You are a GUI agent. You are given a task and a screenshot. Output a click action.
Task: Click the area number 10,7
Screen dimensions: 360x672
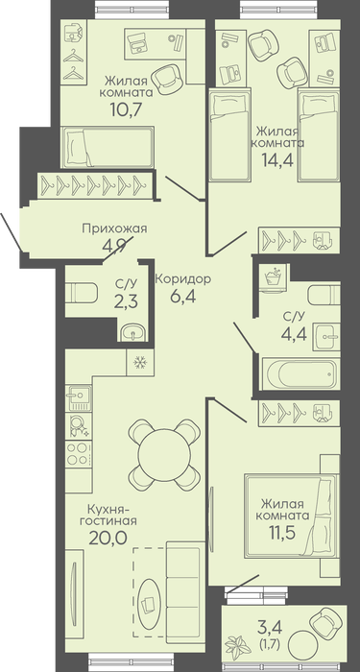[127, 110]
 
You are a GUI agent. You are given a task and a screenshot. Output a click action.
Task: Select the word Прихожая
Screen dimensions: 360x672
[114, 228]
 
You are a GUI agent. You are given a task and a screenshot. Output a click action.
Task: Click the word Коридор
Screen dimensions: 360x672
[183, 279]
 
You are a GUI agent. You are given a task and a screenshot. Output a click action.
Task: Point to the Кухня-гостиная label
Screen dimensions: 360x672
[112, 516]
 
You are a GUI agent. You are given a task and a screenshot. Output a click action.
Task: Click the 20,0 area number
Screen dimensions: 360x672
[108, 538]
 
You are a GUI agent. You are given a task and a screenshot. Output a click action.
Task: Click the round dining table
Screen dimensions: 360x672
[164, 454]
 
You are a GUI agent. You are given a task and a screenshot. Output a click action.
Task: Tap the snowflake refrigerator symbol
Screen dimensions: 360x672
[140, 363]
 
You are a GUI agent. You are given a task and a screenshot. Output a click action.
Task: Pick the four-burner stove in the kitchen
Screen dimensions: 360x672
[78, 453]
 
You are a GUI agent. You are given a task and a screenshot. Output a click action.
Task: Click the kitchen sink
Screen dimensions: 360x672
[78, 397]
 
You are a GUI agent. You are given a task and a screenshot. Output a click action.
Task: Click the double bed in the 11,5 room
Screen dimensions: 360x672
[292, 516]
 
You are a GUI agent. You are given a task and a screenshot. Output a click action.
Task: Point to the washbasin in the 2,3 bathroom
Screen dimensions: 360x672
[132, 331]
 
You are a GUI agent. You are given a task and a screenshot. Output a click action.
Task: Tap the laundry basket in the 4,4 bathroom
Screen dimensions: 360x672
[275, 278]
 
